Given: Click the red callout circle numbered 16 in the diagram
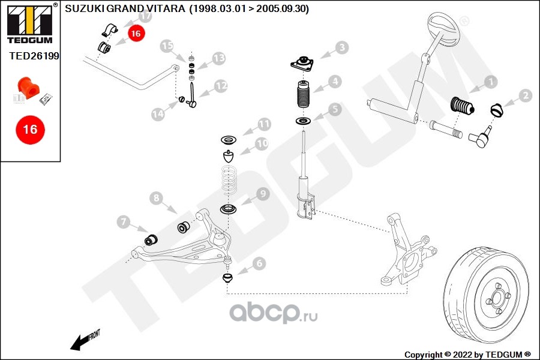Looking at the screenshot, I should coord(136,34).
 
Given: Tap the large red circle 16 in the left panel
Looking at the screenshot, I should coord(30,129).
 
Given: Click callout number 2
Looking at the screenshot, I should coord(525,95).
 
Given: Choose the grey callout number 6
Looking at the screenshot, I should coord(259,263).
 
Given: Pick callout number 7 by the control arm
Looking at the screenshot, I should coord(124,223).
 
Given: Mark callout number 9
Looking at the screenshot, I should coord(263,194).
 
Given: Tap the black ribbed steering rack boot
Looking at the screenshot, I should coord(461,106).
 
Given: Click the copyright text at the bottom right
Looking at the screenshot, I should coord(468,355).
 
